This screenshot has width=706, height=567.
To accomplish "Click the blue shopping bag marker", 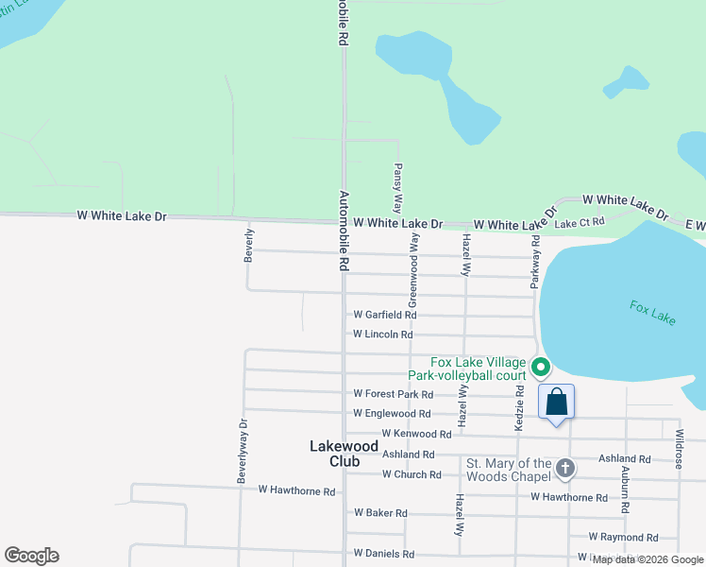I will (x=556, y=402).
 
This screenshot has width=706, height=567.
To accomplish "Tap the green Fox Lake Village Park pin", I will (x=540, y=367).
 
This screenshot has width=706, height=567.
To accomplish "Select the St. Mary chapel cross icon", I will (x=564, y=468).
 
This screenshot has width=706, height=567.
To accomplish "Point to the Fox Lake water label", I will (x=653, y=313).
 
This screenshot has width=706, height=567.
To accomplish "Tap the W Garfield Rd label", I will (x=384, y=315).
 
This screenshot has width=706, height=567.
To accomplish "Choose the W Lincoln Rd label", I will (x=382, y=335).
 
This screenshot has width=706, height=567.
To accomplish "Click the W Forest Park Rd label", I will (x=393, y=394).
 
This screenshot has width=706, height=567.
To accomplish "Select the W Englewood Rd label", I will (x=392, y=414).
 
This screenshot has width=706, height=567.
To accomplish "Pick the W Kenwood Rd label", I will (x=416, y=434).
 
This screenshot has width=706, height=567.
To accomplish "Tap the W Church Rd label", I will (x=412, y=474).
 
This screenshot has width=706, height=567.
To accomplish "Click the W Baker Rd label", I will (x=380, y=513).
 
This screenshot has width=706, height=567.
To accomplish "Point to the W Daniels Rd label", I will (x=383, y=554).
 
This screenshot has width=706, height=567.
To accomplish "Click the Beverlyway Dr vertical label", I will (x=243, y=446).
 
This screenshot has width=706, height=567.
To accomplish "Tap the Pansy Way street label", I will (x=397, y=187).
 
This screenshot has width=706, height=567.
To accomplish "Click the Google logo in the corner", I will (x=31, y=556).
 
